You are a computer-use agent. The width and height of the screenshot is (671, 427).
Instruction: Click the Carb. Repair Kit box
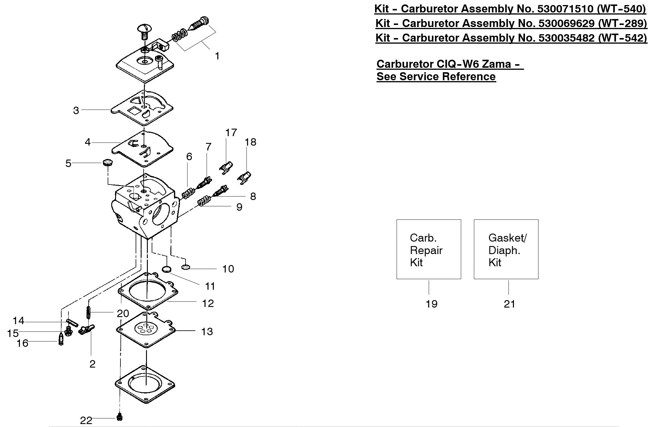429,249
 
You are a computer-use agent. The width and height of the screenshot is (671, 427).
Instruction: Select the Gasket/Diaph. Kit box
506,249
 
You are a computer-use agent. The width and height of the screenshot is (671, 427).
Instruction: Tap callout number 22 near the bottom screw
86,420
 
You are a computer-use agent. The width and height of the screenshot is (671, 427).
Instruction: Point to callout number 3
76,111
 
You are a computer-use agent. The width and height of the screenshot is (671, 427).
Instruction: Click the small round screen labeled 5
108,163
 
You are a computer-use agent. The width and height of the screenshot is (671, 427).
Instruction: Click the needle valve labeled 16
61,338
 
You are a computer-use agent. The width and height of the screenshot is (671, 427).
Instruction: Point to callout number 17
231,133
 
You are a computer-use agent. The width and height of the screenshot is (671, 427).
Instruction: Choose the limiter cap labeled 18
244,178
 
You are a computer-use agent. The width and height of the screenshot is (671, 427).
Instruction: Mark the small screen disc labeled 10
186,267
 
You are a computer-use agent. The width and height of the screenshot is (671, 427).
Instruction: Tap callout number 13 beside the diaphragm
207,331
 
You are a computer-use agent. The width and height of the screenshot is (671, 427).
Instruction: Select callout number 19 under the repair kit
432,304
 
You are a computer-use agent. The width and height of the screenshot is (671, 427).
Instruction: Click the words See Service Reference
436,77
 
